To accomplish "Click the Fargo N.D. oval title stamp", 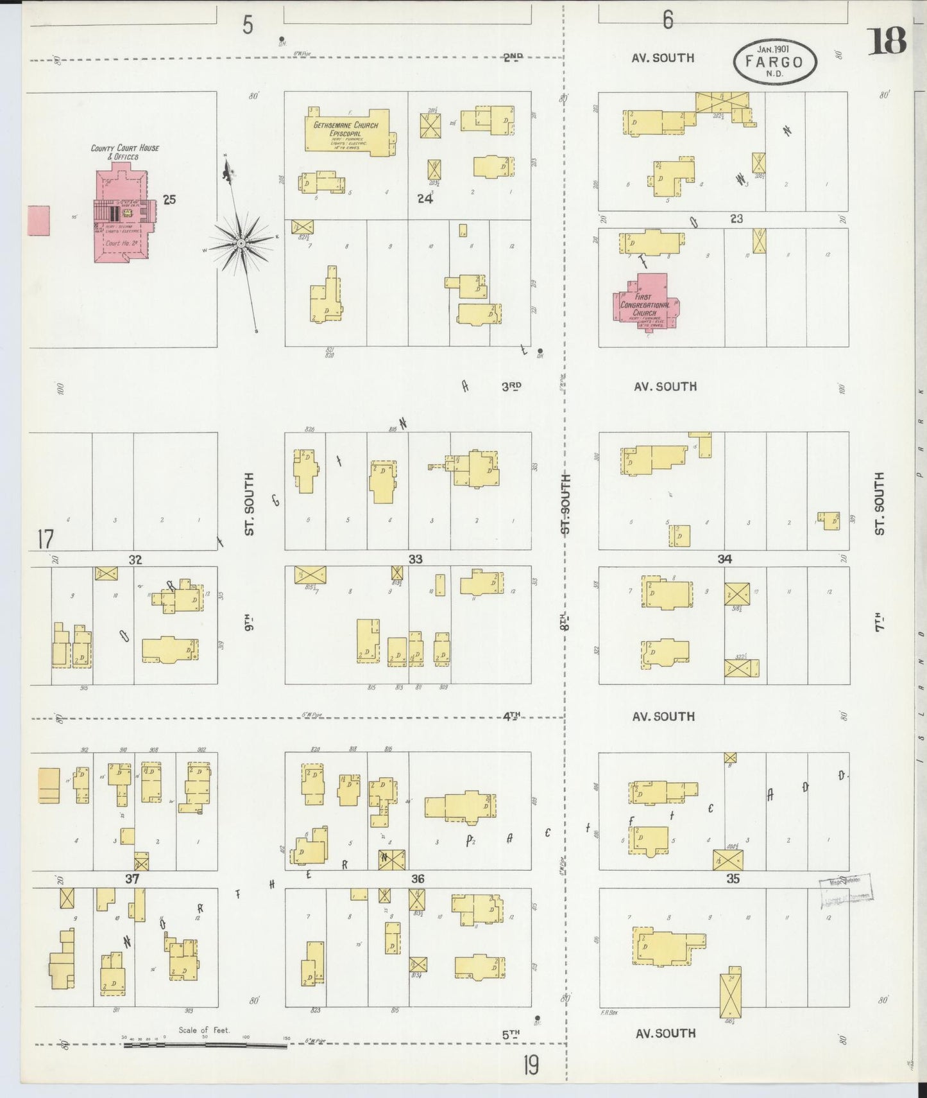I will [775, 62].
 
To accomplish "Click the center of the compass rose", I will [241, 243].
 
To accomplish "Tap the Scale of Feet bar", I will [205, 1045].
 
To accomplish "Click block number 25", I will [169, 200].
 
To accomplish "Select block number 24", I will [424, 198].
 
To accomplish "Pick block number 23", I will [736, 219].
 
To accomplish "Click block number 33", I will [416, 559].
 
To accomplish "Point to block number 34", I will [724, 559].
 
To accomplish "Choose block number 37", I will [132, 879].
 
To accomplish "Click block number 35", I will [733, 879].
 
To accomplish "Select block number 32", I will [135, 560].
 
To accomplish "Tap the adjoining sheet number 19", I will [531, 1066].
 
